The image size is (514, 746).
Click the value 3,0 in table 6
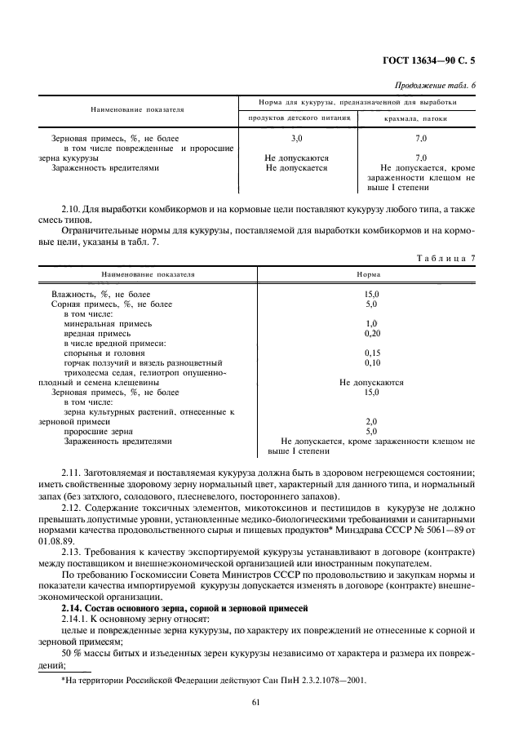(x=297, y=139)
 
